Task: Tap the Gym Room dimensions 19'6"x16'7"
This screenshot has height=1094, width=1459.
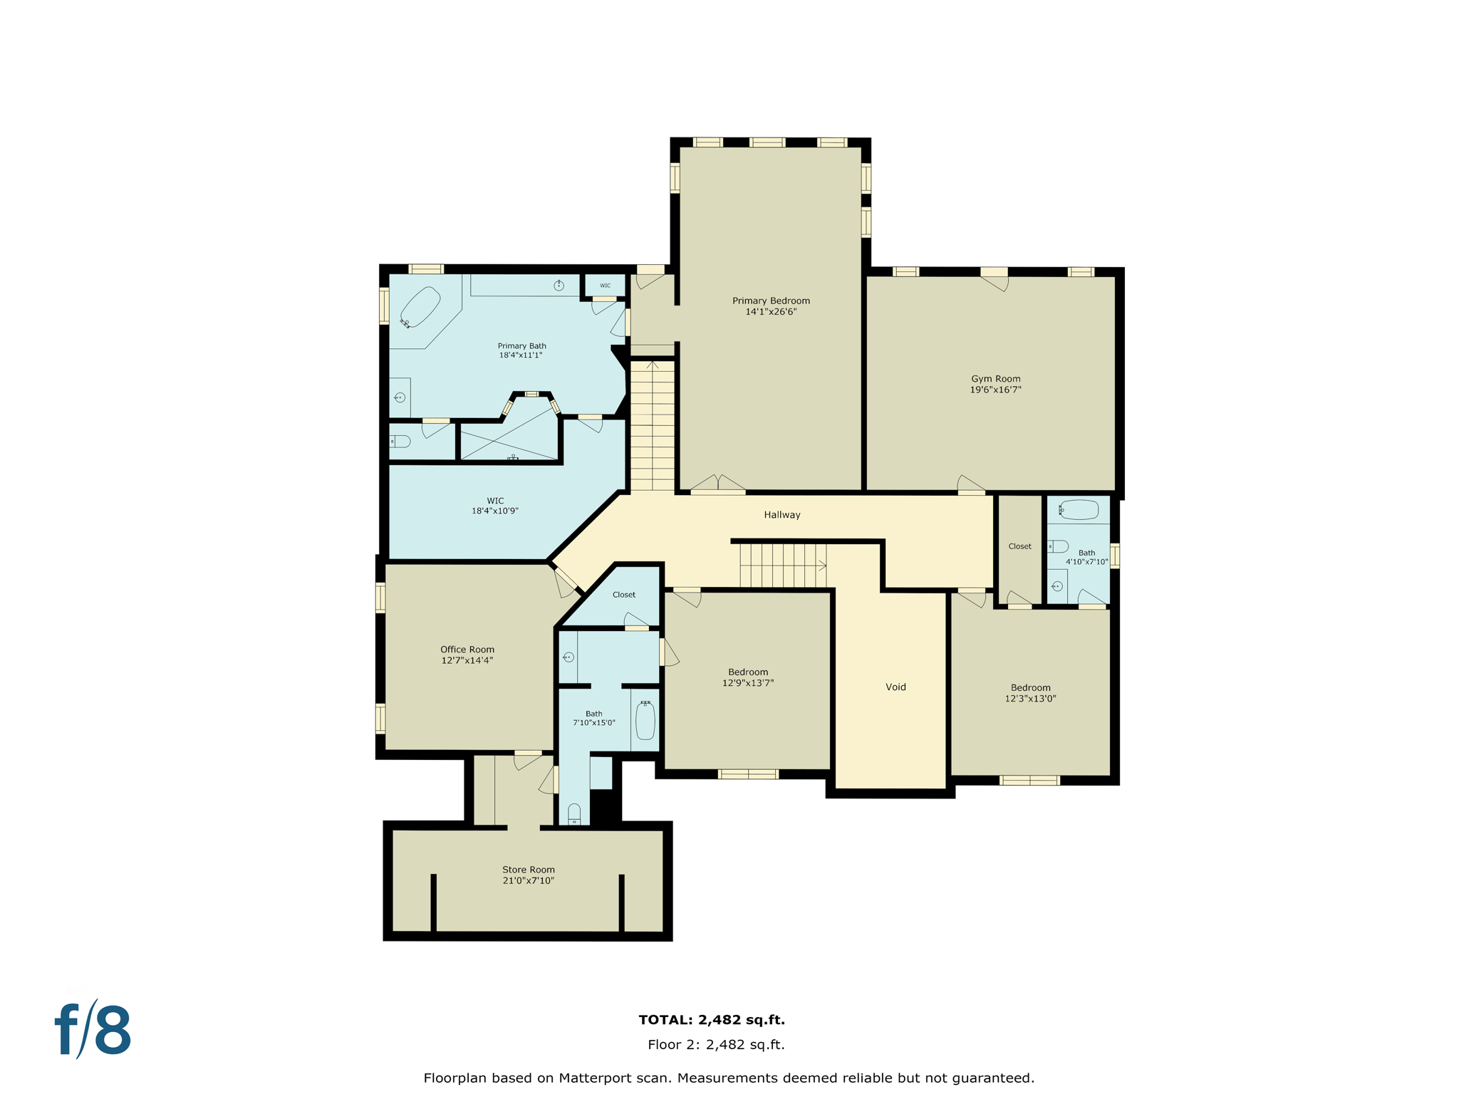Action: pyautogui.click(x=995, y=390)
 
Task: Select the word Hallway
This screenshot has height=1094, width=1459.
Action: pyautogui.click(x=782, y=514)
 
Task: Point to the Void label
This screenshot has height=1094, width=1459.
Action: pyautogui.click(x=895, y=687)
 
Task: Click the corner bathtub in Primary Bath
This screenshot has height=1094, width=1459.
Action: pyautogui.click(x=420, y=307)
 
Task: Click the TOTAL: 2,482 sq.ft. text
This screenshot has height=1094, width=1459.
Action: pyautogui.click(x=711, y=1019)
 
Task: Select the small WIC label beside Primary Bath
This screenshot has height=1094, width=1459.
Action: pyautogui.click(x=605, y=286)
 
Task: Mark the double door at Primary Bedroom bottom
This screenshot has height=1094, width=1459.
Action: pyautogui.click(x=718, y=485)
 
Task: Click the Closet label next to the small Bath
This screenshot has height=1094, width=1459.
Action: pyautogui.click(x=1019, y=546)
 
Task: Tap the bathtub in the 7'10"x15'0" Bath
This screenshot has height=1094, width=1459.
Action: pyautogui.click(x=645, y=721)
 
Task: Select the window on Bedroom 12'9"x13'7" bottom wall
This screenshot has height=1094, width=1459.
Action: pyautogui.click(x=748, y=774)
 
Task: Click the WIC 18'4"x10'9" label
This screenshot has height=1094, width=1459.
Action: pyautogui.click(x=495, y=506)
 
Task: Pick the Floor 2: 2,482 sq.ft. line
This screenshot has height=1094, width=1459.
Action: pyautogui.click(x=715, y=1045)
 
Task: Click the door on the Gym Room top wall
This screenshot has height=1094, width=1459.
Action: pyautogui.click(x=995, y=279)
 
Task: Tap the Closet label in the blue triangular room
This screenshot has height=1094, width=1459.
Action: pyautogui.click(x=623, y=595)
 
